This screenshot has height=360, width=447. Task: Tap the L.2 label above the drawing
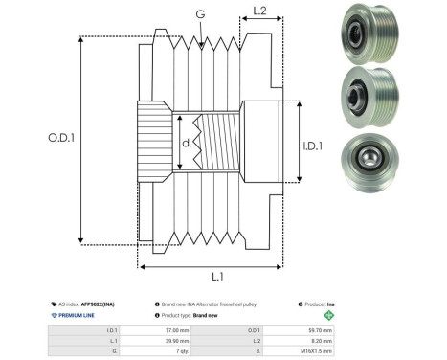(x=259, y=11)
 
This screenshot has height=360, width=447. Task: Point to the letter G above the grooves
(x=199, y=15)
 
